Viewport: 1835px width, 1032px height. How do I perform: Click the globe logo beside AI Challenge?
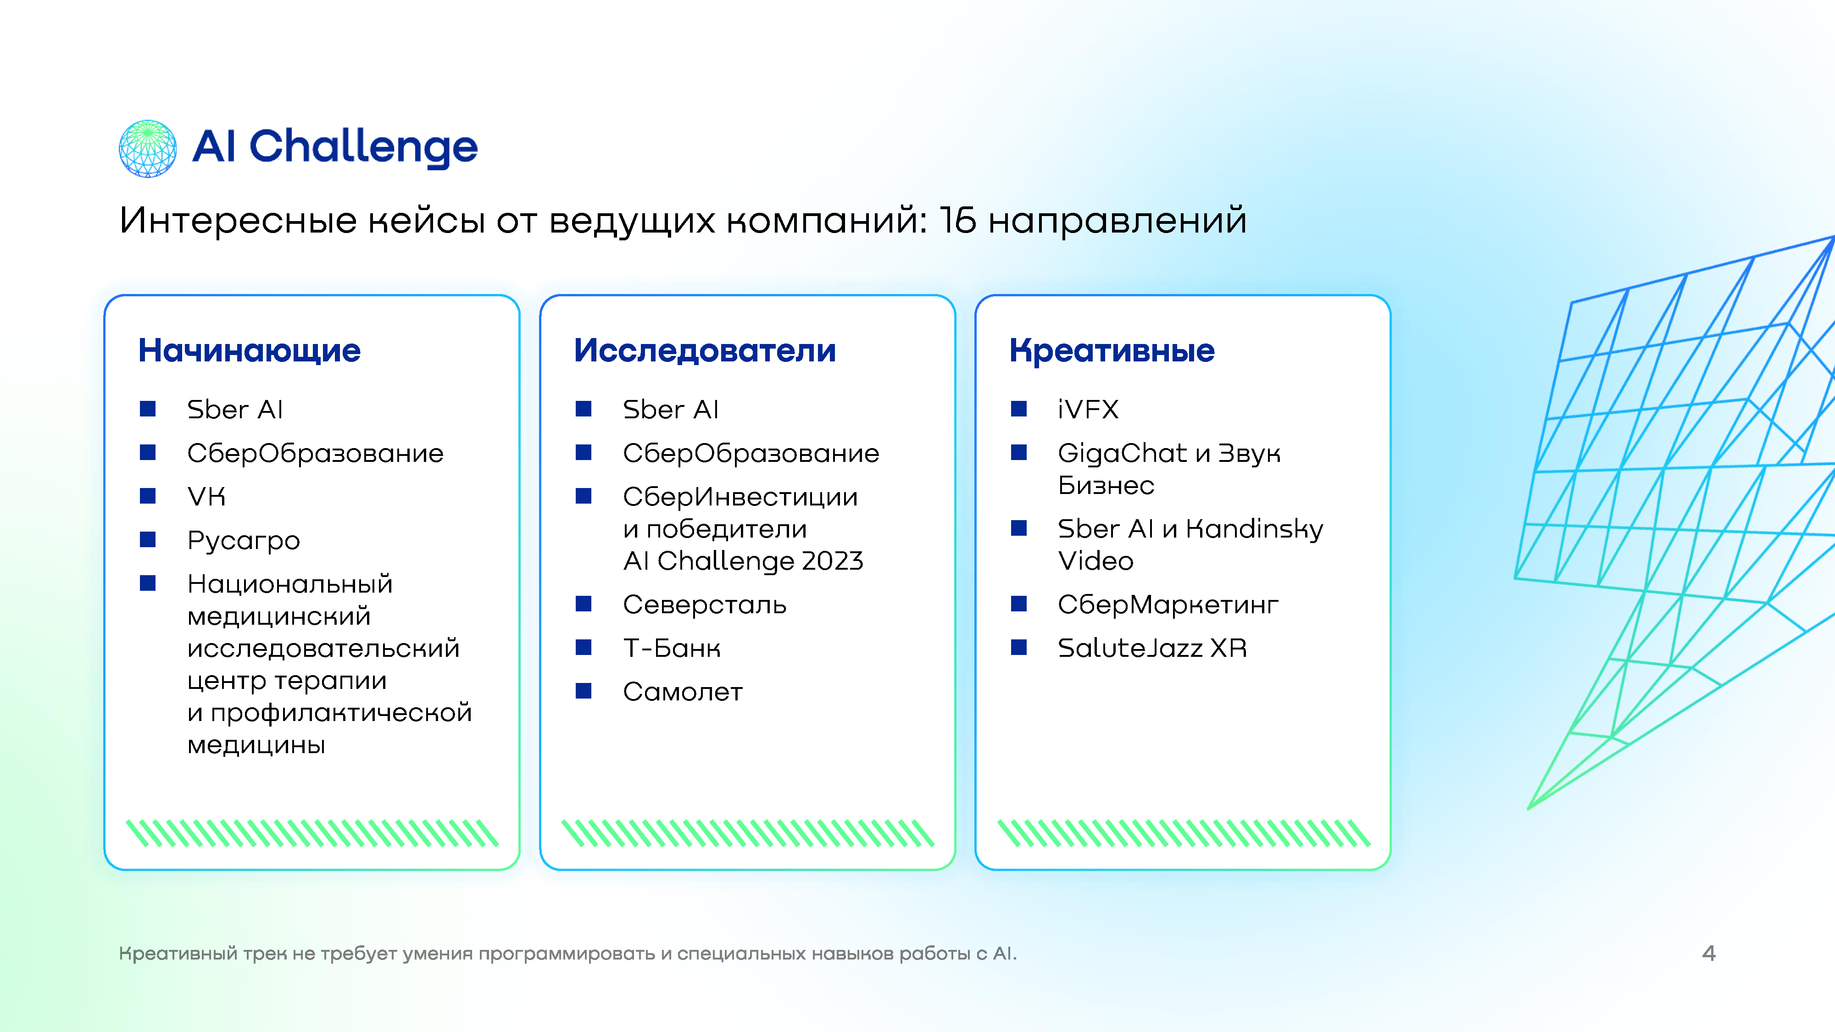pyautogui.click(x=147, y=148)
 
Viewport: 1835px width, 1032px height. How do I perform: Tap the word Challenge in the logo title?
pyautogui.click(x=363, y=147)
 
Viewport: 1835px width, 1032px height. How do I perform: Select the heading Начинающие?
pyautogui.click(x=249, y=350)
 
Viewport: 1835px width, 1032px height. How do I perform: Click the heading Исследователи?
pyautogui.click(x=705, y=350)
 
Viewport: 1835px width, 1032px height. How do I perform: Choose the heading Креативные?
pyautogui.click(x=1112, y=350)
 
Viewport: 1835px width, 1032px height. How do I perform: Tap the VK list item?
pyautogui.click(x=206, y=496)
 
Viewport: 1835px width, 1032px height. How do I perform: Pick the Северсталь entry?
pyautogui.click(x=705, y=605)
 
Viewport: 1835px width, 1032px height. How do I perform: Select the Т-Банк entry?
pyautogui.click(x=672, y=648)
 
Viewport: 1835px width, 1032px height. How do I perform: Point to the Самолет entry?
pyautogui.click(x=683, y=692)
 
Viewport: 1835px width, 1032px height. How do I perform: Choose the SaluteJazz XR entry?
pyautogui.click(x=1152, y=648)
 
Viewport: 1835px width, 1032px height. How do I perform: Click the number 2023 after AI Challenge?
pyautogui.click(x=832, y=561)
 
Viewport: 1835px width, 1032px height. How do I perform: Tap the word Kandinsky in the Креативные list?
pyautogui.click(x=1254, y=529)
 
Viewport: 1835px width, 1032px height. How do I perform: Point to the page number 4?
pyautogui.click(x=1709, y=954)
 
